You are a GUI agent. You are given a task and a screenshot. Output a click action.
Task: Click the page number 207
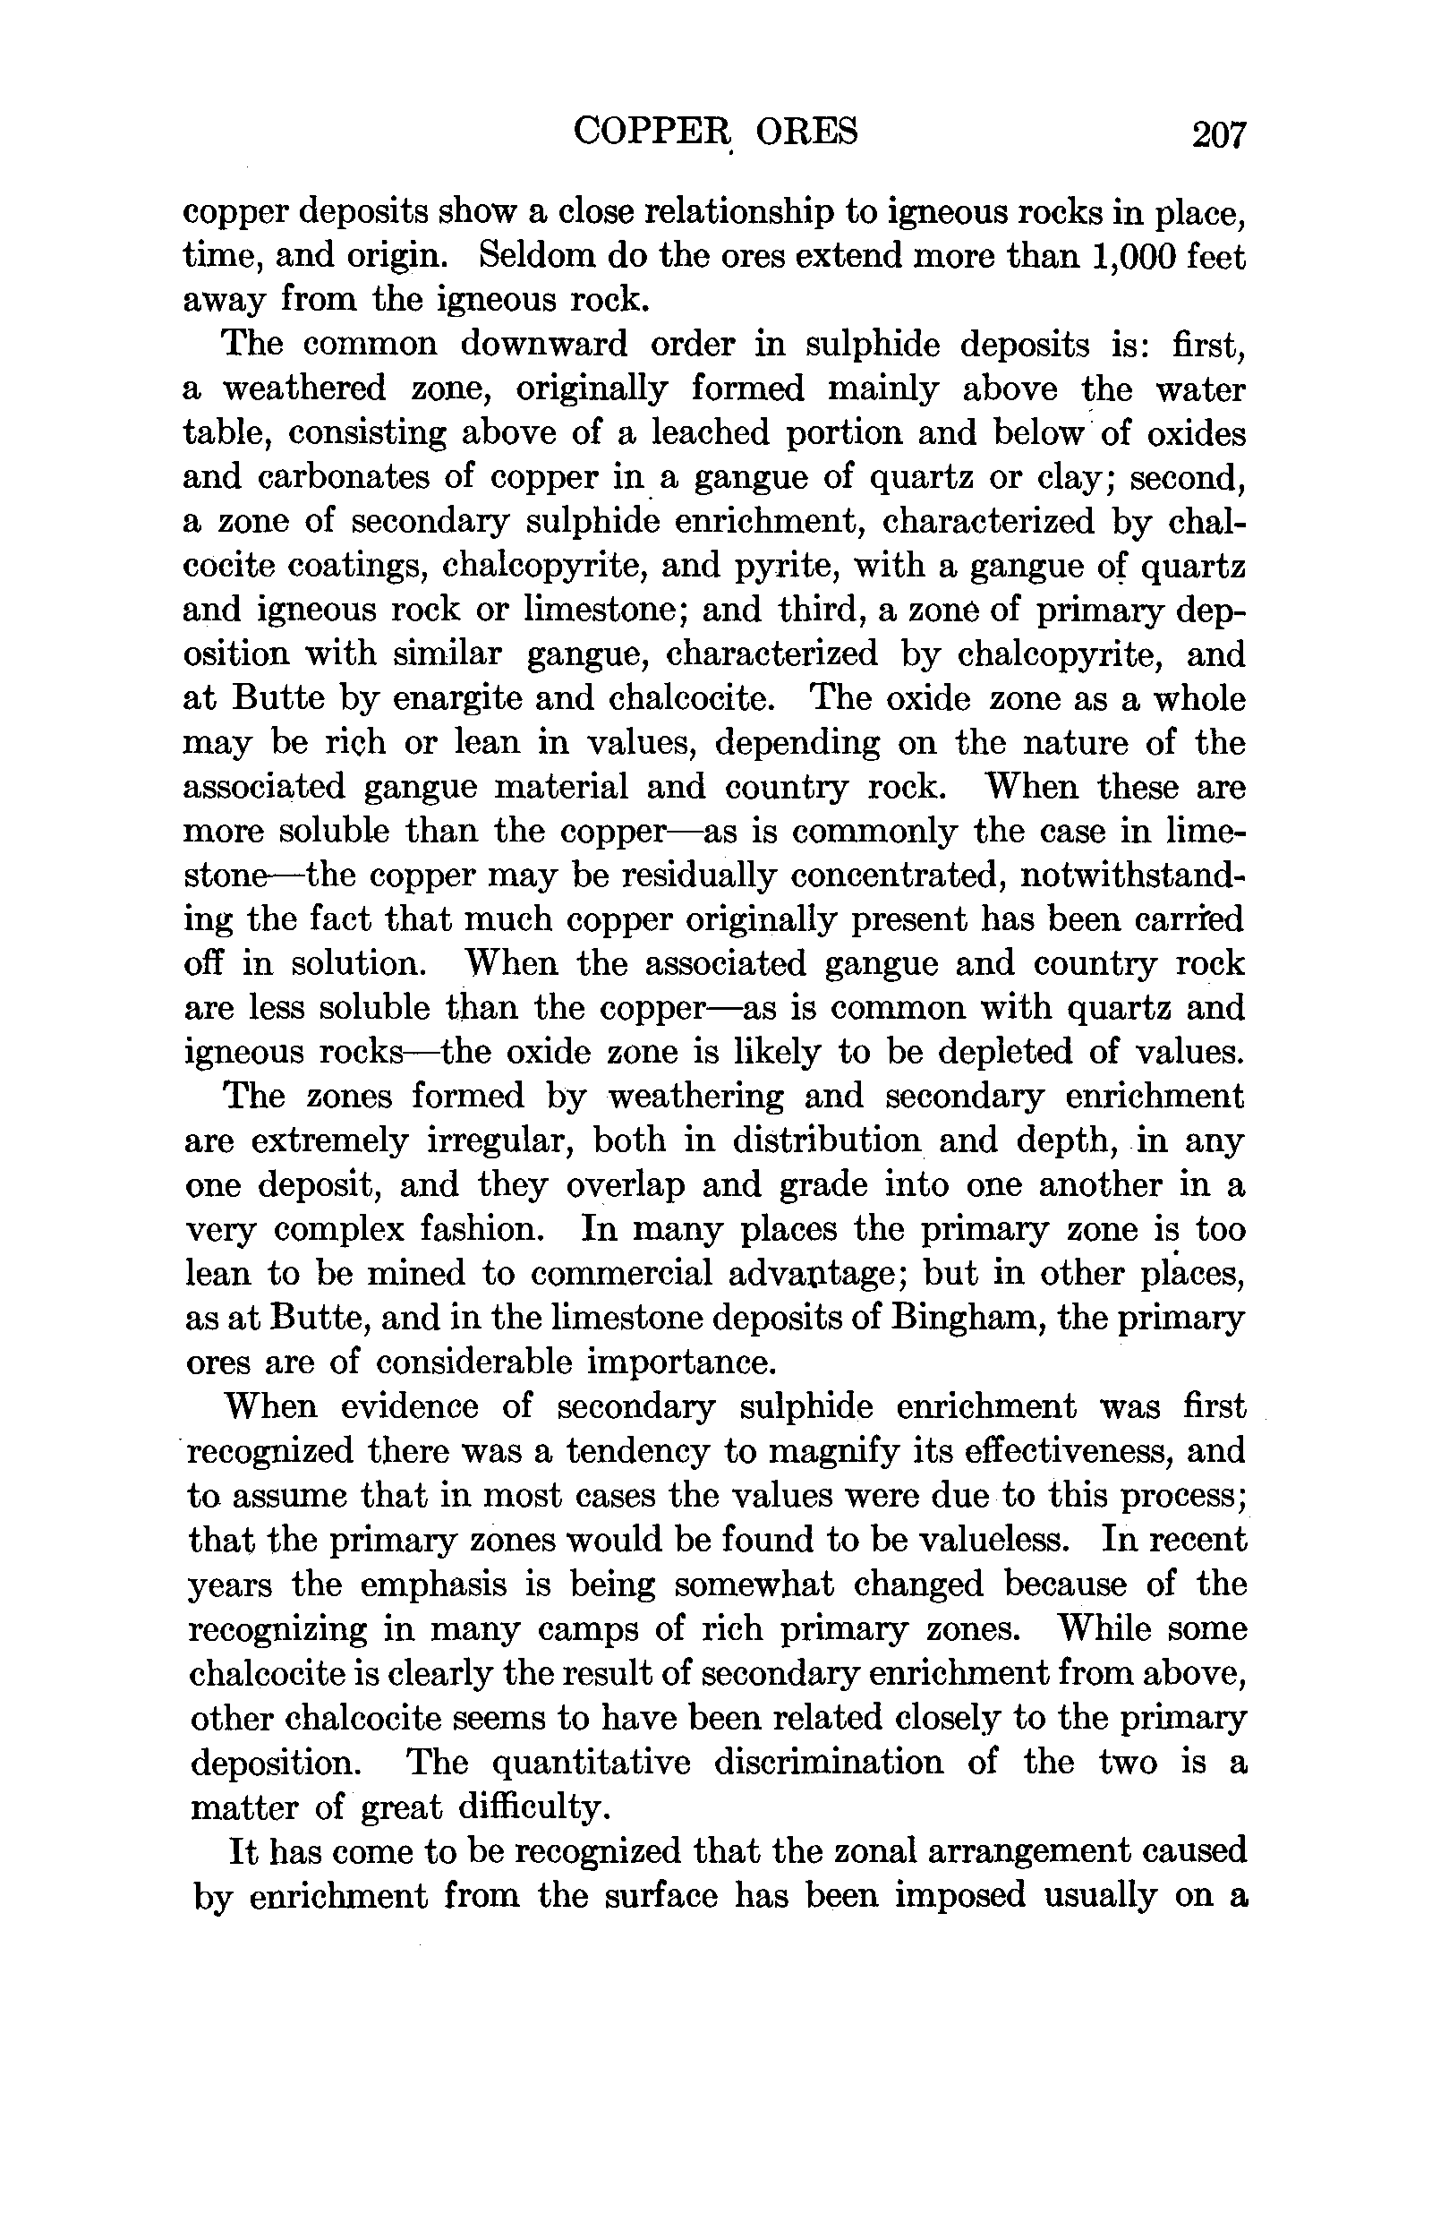click(1218, 134)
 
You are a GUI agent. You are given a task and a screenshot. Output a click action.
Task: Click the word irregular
click(496, 1140)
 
